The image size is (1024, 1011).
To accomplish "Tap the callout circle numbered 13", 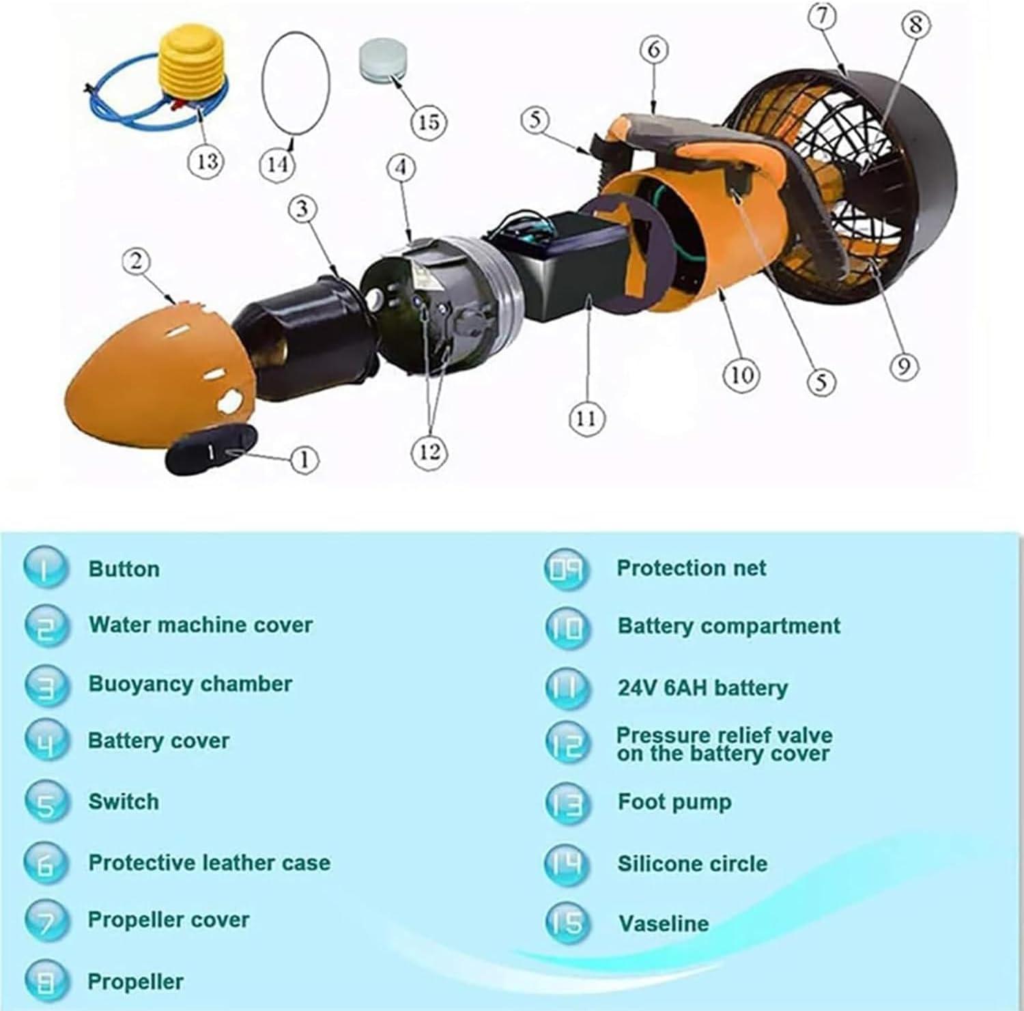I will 206,161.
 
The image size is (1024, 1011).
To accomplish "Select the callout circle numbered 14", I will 277,164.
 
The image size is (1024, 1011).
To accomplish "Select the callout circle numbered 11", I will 586,418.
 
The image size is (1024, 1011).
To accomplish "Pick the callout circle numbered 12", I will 429,452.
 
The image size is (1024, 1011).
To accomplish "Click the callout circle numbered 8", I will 915,25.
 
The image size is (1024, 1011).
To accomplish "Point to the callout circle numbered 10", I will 741,374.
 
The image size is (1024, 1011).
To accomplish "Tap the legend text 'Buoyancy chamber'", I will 190,683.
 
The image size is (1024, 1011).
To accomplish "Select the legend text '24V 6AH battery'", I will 702,687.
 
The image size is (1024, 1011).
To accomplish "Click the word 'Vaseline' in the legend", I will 664,924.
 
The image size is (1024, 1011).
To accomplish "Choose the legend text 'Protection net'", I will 691,568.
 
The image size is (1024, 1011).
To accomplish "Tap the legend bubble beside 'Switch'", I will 46,801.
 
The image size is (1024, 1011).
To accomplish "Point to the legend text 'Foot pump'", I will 674,801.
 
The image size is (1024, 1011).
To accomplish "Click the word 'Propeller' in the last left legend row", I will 135,982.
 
